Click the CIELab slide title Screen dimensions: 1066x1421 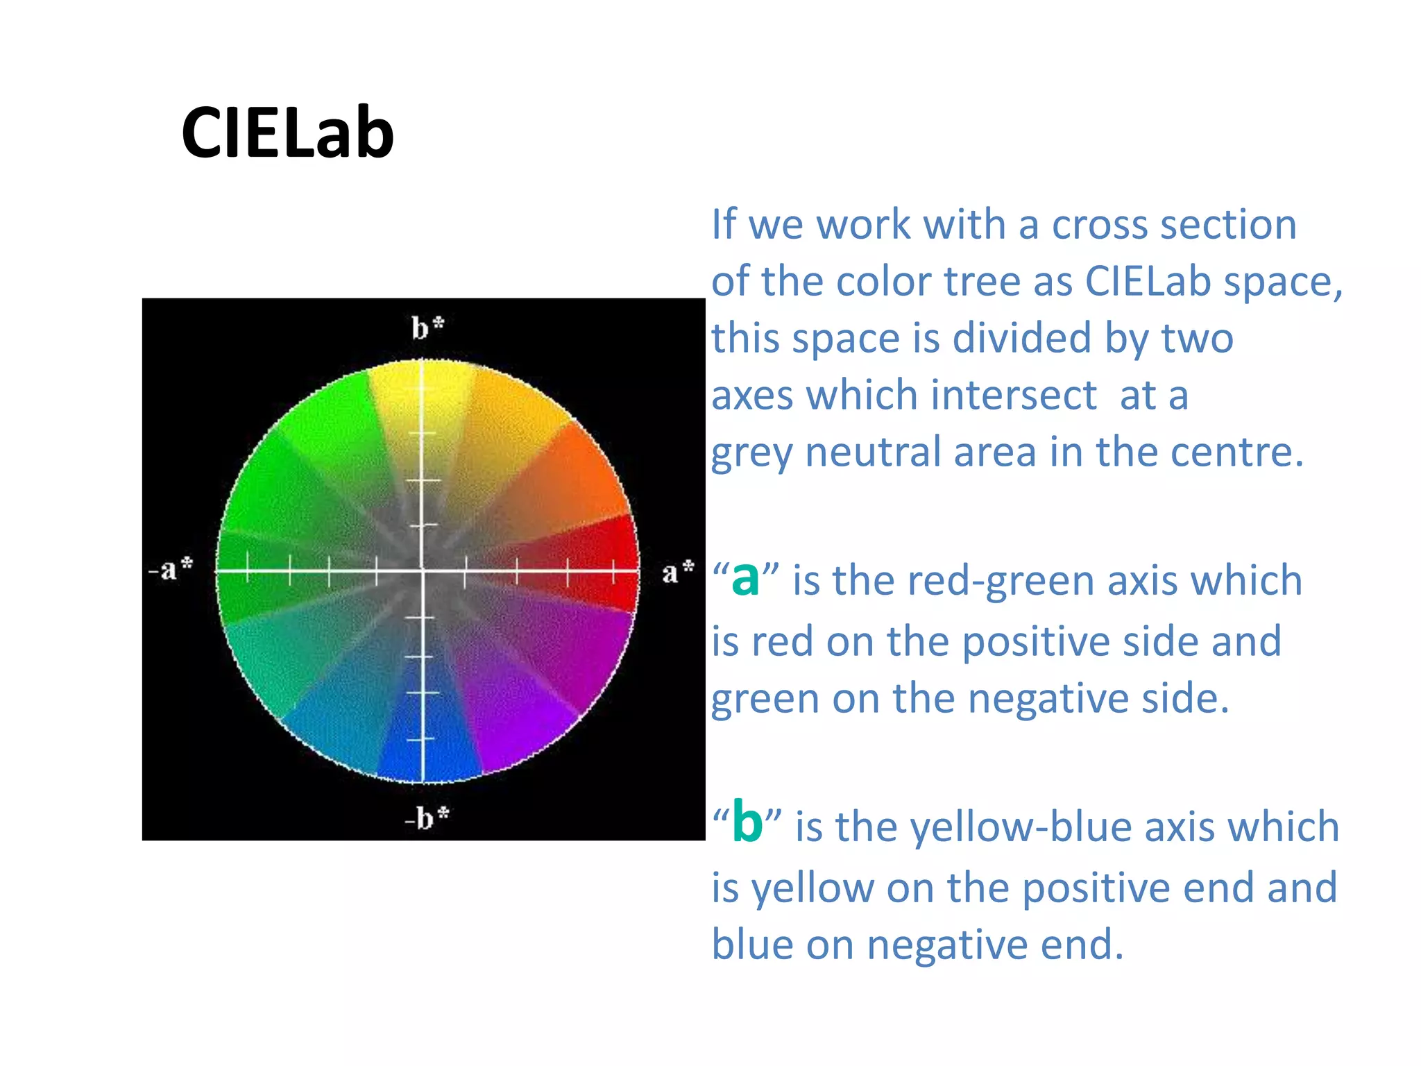pos(287,133)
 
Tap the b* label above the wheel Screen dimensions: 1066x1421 pos(427,328)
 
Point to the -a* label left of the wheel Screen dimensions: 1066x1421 pos(171,568)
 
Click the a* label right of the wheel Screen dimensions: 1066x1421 pos(677,572)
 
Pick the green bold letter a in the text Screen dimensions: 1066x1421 pos(745,578)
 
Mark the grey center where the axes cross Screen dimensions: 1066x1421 pos(422,571)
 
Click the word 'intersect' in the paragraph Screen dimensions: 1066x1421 pos(1013,396)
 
